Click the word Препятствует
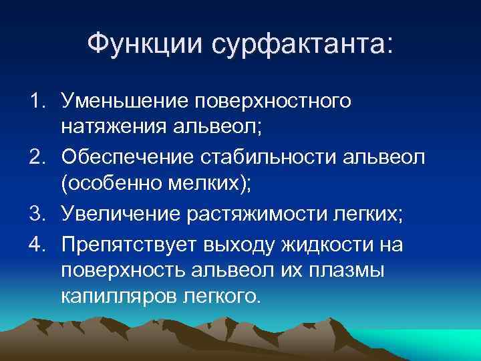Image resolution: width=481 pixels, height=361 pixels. tap(130, 245)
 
